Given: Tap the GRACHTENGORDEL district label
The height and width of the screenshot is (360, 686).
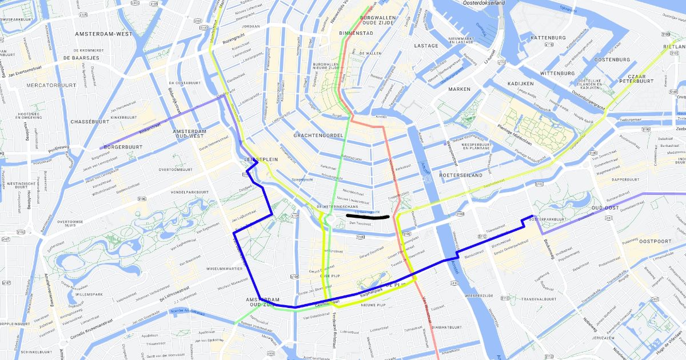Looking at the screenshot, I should tap(317, 135).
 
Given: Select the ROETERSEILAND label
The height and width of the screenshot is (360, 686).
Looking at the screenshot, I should tap(461, 175).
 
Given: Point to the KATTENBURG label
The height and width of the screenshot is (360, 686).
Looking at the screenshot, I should tap(532, 38).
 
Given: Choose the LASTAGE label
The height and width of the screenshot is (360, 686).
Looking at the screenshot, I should tap(426, 46).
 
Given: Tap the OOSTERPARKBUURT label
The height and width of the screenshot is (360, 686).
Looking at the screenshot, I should tap(549, 219).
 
